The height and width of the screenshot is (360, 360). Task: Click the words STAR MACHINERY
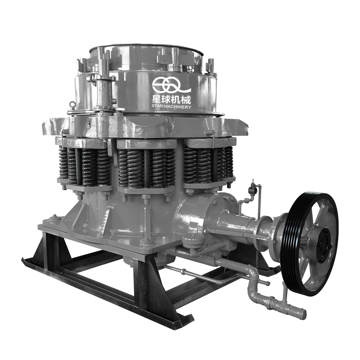click(172, 107)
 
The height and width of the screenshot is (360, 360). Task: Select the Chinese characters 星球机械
click(172, 100)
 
